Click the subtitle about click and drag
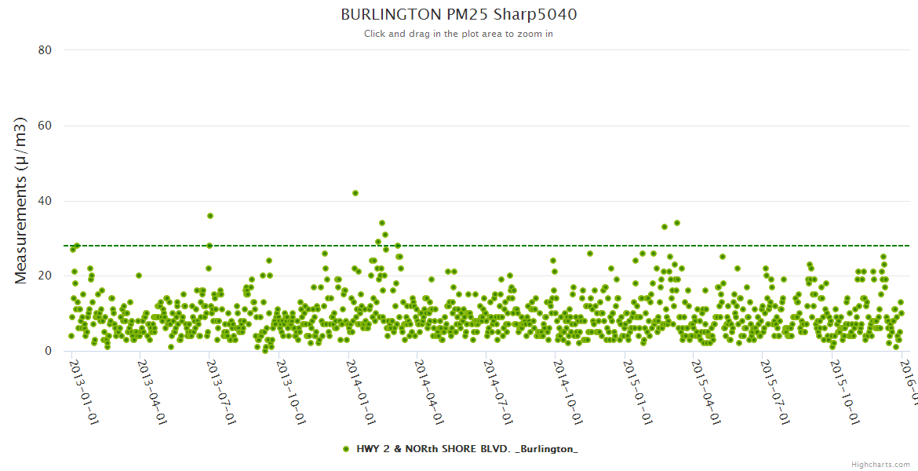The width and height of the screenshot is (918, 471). (458, 34)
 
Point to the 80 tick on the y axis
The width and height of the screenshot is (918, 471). (45, 50)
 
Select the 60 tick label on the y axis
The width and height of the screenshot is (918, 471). (45, 126)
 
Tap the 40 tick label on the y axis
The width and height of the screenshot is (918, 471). (45, 201)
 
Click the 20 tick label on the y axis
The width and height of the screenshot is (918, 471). (45, 276)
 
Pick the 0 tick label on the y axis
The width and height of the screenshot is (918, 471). (48, 351)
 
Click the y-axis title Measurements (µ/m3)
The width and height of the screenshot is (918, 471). (21, 200)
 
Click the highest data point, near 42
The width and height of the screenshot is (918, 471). (355, 193)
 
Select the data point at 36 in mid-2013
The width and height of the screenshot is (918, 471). (210, 216)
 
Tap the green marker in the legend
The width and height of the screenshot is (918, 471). (346, 449)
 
